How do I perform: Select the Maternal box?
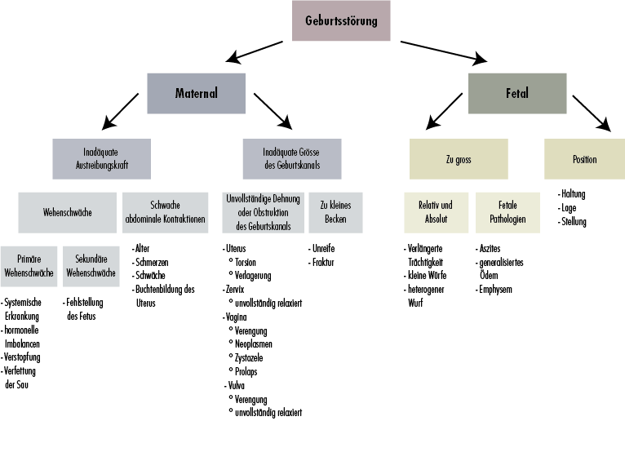pos(196,93)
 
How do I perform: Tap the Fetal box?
pos(516,93)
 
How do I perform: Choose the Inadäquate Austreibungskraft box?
pos(102,158)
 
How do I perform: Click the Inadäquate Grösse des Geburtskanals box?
pos(292,158)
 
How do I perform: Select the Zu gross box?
pos(459,158)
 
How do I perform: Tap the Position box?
pos(583,158)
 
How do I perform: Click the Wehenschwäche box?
pos(68,212)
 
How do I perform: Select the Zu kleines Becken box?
pos(335,212)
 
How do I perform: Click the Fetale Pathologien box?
pos(508,212)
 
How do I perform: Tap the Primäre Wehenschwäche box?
pos(29,265)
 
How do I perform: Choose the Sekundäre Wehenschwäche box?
pos(91,265)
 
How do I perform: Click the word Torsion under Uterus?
pos(247,262)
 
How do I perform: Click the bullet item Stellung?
pos(574,221)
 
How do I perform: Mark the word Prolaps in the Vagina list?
pos(247,371)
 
